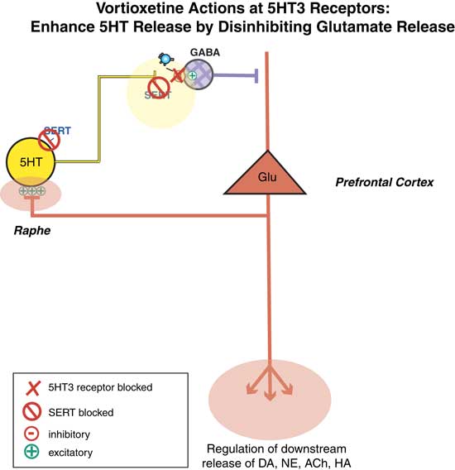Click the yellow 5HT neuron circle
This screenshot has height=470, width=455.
pos(31,161)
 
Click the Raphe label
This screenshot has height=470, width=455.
pos(31,233)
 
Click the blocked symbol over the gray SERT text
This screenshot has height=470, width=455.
pos(158,87)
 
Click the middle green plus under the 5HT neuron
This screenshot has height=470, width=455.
pos(31,190)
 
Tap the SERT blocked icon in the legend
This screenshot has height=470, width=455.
pos(33,410)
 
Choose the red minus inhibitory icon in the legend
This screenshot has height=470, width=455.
pos(33,433)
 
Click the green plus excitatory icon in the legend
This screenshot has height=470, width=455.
pos(33,452)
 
